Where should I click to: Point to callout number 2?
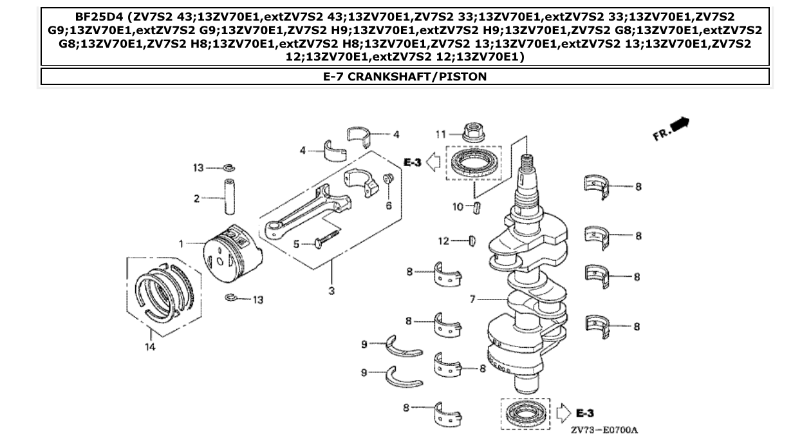coord(197,199)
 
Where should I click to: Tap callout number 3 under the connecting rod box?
coord(331,291)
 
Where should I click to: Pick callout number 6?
coord(389,205)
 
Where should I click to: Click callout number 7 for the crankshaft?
coord(472,300)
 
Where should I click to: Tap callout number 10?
coord(458,207)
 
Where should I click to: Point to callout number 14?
coord(151,347)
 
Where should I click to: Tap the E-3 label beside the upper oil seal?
coord(412,162)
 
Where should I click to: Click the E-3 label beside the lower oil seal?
coord(584,412)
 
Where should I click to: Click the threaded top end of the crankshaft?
coord(527,165)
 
